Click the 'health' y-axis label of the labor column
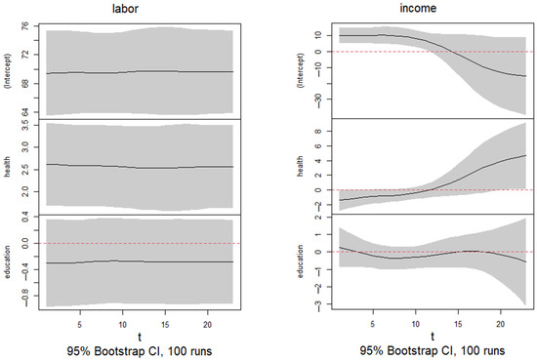(10, 166)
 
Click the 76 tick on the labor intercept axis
(23, 28)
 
